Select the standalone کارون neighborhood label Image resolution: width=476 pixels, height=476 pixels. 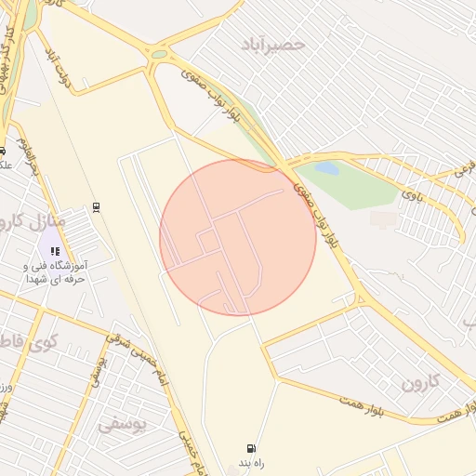pos(418,382)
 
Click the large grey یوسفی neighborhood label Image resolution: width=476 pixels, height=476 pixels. pos(123,424)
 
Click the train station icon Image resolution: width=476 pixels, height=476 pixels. pos(96,207)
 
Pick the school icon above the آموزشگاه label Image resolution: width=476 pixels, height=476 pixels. pos(55,251)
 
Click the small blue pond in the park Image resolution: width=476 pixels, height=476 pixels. pos(327,168)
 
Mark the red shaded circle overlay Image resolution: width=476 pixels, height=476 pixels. pos(238,238)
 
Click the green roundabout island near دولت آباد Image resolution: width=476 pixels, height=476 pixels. pos(159,54)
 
